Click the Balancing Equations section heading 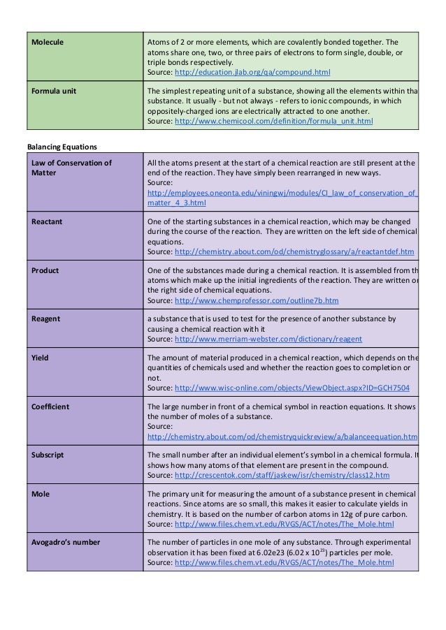tap(62, 147)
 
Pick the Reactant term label tap(48, 221)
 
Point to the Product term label tap(45, 270)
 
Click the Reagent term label tap(46, 319)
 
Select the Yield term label tap(41, 357)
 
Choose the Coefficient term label tap(51, 406)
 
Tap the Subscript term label tap(48, 455)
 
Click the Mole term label tap(41, 493)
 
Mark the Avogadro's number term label tap(66, 542)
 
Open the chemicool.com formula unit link tap(273, 121)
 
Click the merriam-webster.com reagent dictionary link tap(268, 339)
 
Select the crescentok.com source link tap(282, 475)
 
